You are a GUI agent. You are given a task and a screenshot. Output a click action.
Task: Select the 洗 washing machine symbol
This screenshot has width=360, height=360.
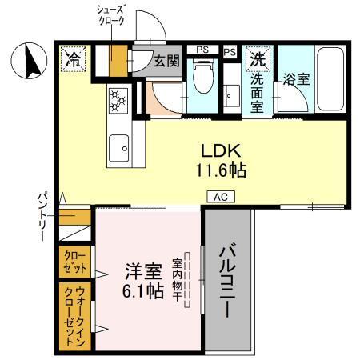(x=258, y=58)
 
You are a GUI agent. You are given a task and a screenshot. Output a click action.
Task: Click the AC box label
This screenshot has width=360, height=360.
(x=221, y=196)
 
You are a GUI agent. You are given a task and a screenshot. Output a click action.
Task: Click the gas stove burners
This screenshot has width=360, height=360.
(x=118, y=100)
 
